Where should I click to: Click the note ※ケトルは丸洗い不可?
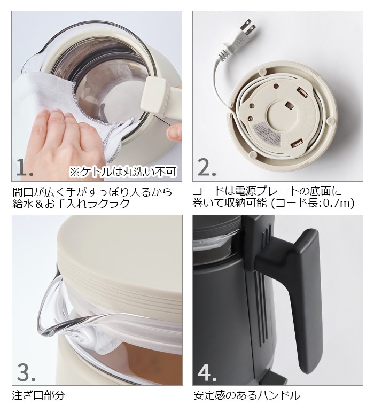click(x=123, y=172)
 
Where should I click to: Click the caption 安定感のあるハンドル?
click(x=246, y=396)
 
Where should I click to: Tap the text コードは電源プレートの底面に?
click(x=267, y=191)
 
